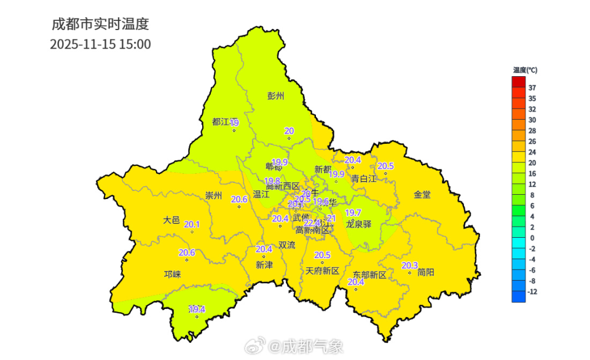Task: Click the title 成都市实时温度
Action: pos(100,25)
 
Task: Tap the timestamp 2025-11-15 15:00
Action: pos(100,44)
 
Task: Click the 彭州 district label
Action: pos(276,96)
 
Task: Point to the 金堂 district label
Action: pos(422,195)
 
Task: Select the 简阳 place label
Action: pos(425,272)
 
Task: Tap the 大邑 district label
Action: pos(171,220)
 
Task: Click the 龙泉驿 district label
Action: pos(358,224)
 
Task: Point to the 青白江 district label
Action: pos(363,179)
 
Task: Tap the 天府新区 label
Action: pos(322,271)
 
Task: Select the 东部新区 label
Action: pos(369,275)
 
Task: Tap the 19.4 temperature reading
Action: pos(197,309)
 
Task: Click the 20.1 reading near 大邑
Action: pos(192,224)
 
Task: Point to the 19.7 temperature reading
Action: pos(353,213)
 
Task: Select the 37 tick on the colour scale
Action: pos(532,88)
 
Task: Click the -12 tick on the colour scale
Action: pos(533,292)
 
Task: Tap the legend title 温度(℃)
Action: pos(525,70)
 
